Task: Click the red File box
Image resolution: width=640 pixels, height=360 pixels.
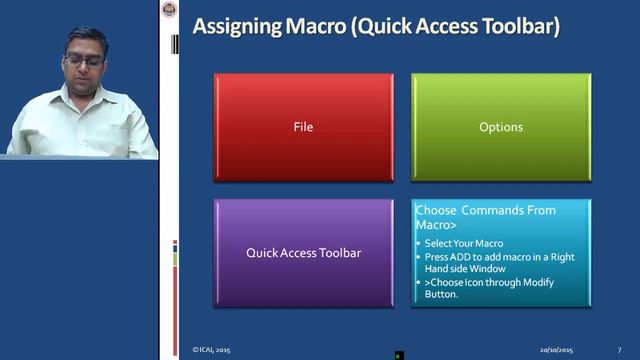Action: point(303,127)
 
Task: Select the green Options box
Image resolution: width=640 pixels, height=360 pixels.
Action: point(501,127)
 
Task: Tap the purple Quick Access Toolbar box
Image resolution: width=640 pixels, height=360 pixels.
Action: point(303,253)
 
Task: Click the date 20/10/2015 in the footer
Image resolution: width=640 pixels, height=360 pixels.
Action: point(557,350)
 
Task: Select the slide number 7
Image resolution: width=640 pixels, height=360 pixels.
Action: point(619,350)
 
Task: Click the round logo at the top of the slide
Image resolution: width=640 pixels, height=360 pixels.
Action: point(168,10)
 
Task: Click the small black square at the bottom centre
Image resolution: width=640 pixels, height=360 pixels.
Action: point(398,355)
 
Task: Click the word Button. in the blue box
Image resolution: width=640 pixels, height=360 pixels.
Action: point(441,294)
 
